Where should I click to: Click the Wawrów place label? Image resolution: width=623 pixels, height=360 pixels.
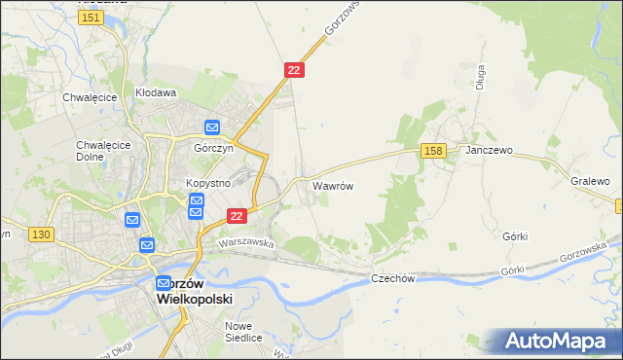pos(332,184)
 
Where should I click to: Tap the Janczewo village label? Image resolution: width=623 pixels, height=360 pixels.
pos(489,152)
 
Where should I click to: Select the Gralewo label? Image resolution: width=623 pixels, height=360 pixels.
pos(590,181)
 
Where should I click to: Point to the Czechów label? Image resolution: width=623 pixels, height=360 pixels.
pos(393,278)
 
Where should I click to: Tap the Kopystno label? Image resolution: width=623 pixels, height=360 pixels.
pos(206,183)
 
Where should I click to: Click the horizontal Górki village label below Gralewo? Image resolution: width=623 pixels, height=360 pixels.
pos(516,235)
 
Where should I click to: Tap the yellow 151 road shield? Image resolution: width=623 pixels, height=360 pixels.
pos(92,18)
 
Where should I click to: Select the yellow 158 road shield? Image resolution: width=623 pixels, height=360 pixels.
pos(434,150)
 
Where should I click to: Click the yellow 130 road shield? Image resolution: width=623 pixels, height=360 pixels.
pos(41,234)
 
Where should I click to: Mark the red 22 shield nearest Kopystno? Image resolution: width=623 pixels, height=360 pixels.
pos(236,215)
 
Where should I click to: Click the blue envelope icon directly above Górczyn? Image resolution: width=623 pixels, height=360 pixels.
pos(212,127)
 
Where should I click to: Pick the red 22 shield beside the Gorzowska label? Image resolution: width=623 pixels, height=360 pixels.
pos(295,70)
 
